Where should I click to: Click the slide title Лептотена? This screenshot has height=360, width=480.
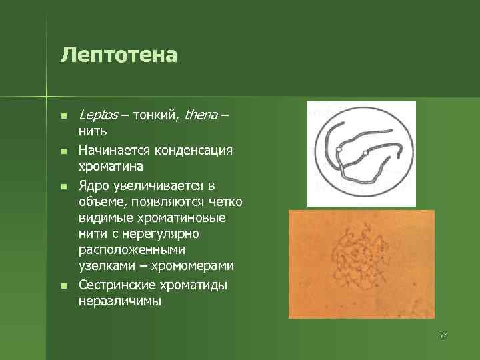[x=119, y=55]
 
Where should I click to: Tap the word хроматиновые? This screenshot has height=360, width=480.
[x=175, y=217]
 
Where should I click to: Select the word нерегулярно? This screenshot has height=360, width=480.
[x=160, y=234]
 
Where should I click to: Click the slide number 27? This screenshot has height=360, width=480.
[x=443, y=334]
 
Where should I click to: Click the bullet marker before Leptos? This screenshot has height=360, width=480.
[x=63, y=117]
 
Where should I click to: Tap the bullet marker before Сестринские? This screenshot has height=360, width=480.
[x=63, y=286]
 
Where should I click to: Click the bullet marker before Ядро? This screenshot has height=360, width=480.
[x=63, y=185]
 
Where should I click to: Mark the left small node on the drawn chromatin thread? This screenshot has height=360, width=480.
[x=339, y=152]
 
